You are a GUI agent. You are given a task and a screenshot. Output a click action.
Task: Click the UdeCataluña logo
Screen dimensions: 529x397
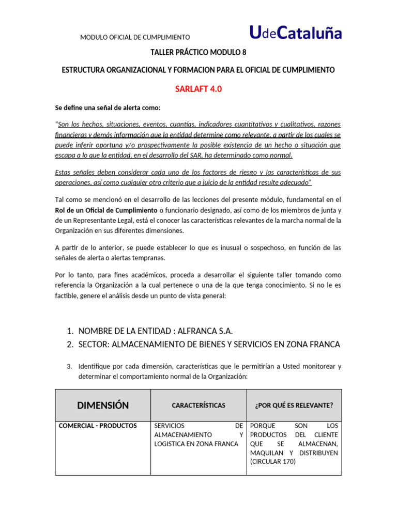pyautogui.click(x=296, y=33)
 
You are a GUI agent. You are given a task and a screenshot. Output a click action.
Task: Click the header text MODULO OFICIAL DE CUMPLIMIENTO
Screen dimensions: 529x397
pyautogui.click(x=135, y=37)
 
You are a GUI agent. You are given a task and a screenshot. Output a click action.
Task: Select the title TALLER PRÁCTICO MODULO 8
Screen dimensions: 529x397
pyautogui.click(x=198, y=52)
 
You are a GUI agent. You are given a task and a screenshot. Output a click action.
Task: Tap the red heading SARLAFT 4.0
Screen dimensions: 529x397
pyautogui.click(x=198, y=89)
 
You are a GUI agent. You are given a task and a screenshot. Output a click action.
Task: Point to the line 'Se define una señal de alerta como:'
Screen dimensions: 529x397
pyautogui.click(x=108, y=107)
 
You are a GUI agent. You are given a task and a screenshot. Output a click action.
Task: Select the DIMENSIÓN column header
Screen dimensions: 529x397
pyautogui.click(x=103, y=405)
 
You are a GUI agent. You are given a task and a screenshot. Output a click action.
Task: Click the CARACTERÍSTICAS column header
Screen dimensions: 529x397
pyautogui.click(x=198, y=406)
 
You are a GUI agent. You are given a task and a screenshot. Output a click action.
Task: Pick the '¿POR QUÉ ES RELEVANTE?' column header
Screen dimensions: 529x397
pyautogui.click(x=294, y=406)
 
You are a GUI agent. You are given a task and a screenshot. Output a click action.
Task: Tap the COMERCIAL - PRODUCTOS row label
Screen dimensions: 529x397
pyautogui.click(x=98, y=426)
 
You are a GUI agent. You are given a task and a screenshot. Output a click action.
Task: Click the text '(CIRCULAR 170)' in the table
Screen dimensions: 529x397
pyautogui.click(x=272, y=461)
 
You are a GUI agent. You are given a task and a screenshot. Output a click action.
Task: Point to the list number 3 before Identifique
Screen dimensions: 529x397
pyautogui.click(x=70, y=366)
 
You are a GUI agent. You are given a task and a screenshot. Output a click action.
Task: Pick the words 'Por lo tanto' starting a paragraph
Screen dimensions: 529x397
pyautogui.click(x=72, y=275)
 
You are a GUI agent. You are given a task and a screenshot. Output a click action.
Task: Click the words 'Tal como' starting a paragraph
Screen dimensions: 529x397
pyautogui.click(x=68, y=199)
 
